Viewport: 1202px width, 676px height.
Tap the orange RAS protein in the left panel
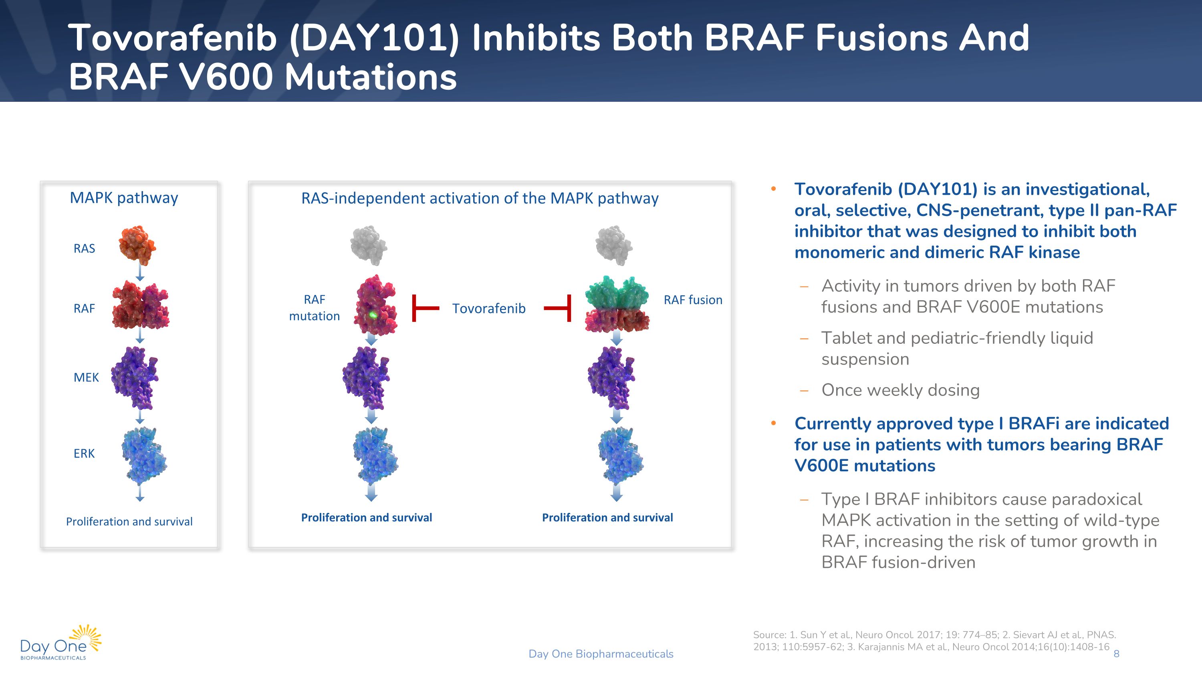[137, 244]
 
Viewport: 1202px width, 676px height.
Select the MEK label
[86, 377]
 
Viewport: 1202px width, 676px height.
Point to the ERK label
[84, 454]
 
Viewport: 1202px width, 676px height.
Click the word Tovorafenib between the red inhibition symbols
[488, 309]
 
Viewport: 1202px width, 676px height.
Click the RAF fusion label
[693, 300]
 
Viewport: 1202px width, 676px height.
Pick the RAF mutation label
[315, 308]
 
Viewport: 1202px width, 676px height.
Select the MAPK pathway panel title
[124, 198]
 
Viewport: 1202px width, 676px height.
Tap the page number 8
[1116, 654]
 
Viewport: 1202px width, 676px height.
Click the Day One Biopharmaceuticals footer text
[601, 654]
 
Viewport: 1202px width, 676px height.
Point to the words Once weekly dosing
[900, 390]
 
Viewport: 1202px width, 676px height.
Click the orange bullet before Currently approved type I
[773, 423]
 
